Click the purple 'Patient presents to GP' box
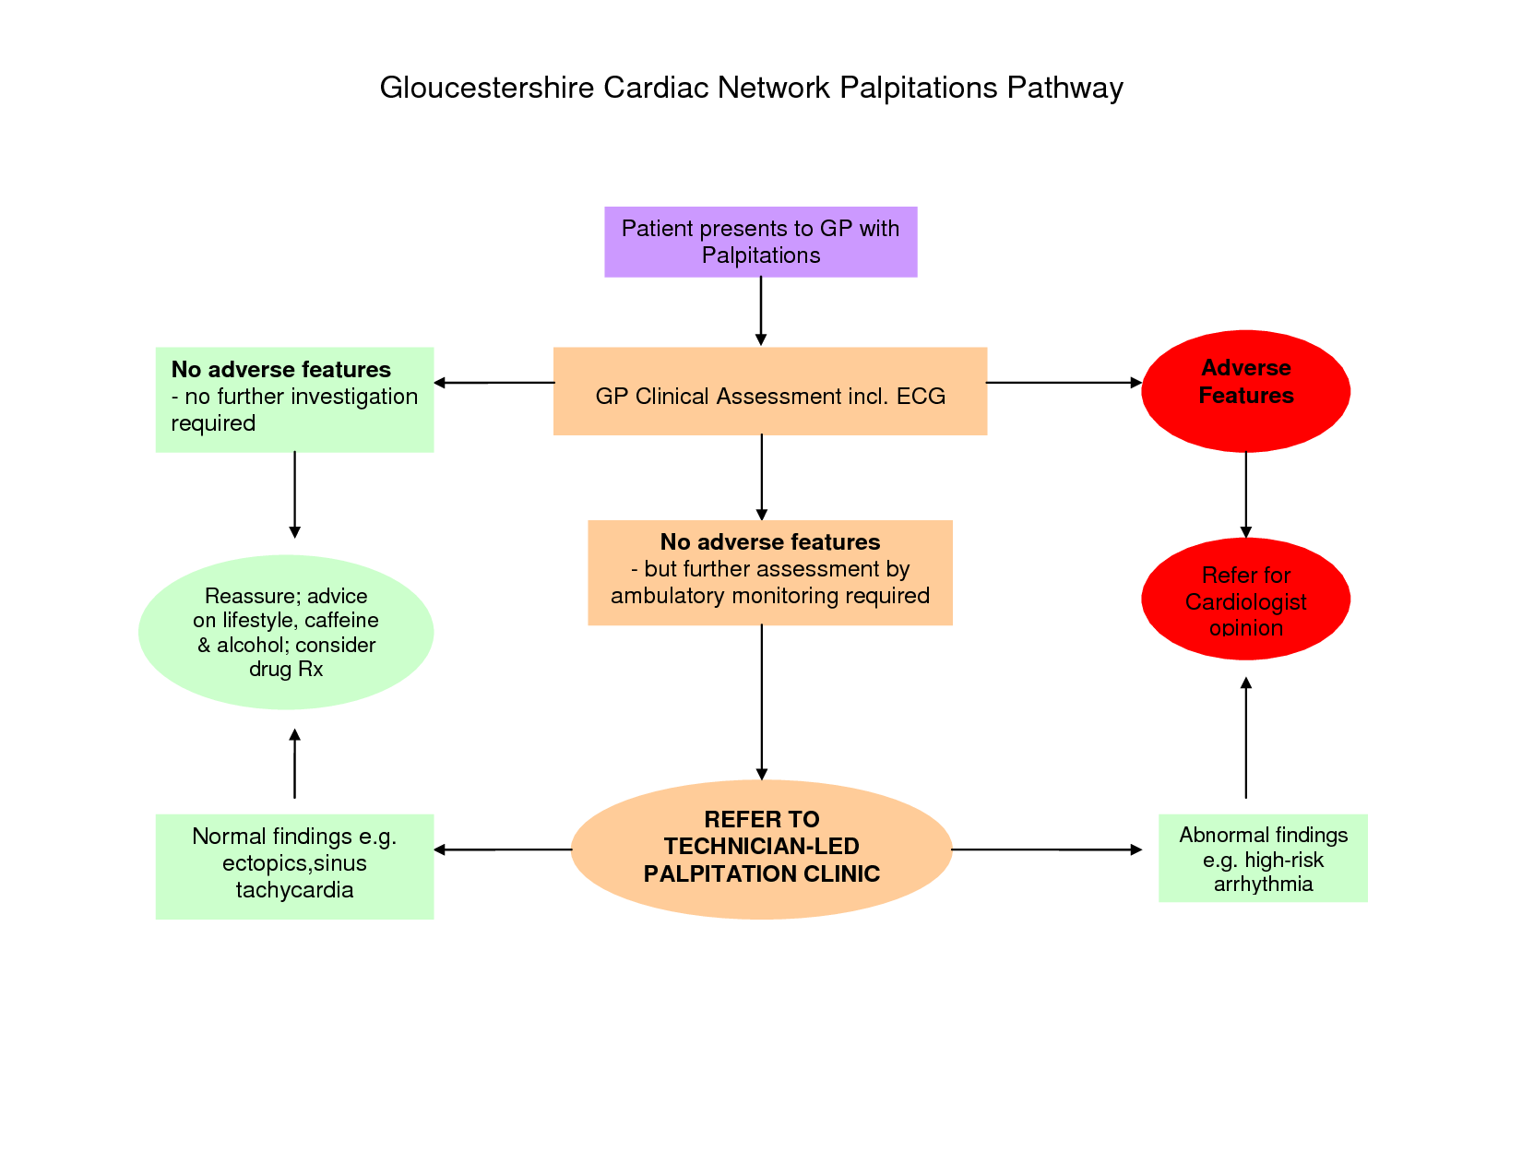click(760, 242)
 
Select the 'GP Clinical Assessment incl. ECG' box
click(769, 391)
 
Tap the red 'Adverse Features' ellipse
click(1245, 391)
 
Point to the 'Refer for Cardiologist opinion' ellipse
click(1245, 599)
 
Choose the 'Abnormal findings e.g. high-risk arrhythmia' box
click(1262, 858)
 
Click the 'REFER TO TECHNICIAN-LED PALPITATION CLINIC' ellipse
click(761, 849)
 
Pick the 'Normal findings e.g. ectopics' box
click(294, 865)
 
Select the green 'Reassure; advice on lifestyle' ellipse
click(285, 632)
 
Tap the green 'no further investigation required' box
click(294, 398)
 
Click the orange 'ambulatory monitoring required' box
click(769, 572)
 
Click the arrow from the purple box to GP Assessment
click(761, 311)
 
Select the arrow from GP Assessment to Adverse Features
click(1064, 382)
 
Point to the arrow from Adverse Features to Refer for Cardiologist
click(1245, 494)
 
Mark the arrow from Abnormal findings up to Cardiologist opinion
click(1245, 738)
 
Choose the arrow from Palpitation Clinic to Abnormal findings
click(1046, 849)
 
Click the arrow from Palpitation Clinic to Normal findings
click(503, 849)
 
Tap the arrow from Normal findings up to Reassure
click(294, 764)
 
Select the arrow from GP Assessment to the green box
click(493, 383)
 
